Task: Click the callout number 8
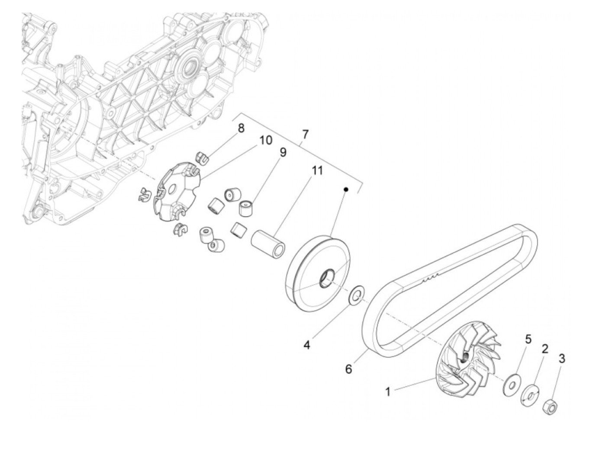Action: [241, 128]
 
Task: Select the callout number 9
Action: [283, 152]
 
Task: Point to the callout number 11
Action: [317, 171]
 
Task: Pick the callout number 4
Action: [306, 346]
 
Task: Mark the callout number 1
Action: [388, 392]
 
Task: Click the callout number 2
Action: [545, 349]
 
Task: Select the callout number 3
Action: [562, 359]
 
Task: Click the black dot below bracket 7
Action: [346, 189]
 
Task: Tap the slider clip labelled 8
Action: [202, 158]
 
